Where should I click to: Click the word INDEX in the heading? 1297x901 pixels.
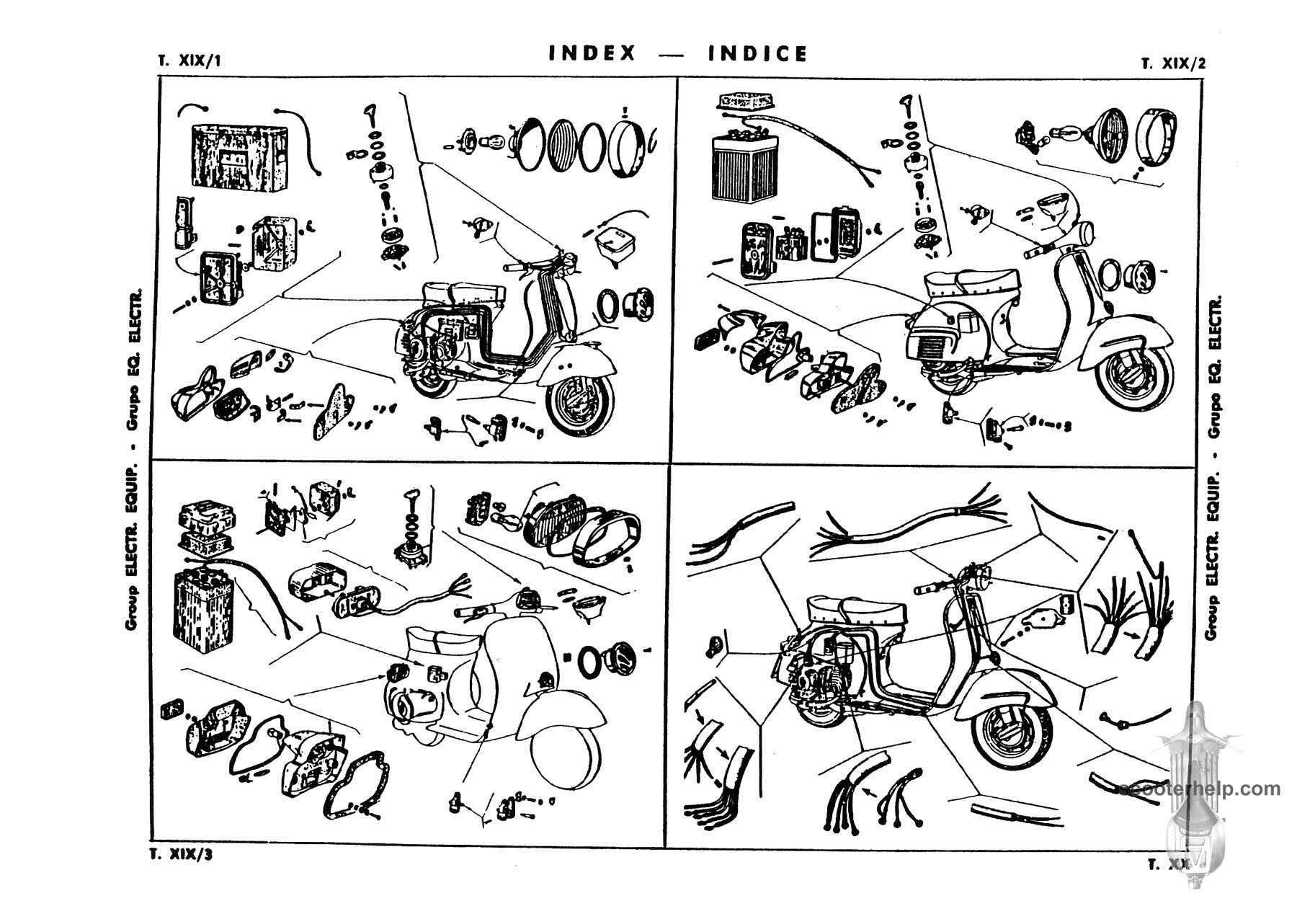[x=592, y=53]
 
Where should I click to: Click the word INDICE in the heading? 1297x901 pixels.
[x=758, y=53]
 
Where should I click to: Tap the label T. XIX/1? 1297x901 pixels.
[x=189, y=61]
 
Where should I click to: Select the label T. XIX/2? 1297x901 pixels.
[x=1173, y=63]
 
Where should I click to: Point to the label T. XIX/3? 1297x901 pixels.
[x=181, y=855]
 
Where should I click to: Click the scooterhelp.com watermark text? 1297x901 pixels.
[x=1202, y=789]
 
